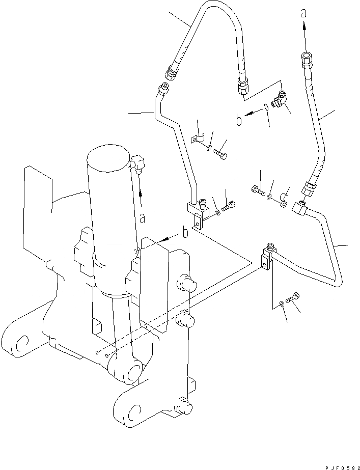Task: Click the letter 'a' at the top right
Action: click(x=303, y=14)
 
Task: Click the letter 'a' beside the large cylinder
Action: click(x=143, y=218)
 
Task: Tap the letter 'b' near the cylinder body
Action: click(x=185, y=233)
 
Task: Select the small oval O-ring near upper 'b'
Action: click(x=265, y=107)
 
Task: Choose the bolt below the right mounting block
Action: click(x=292, y=299)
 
